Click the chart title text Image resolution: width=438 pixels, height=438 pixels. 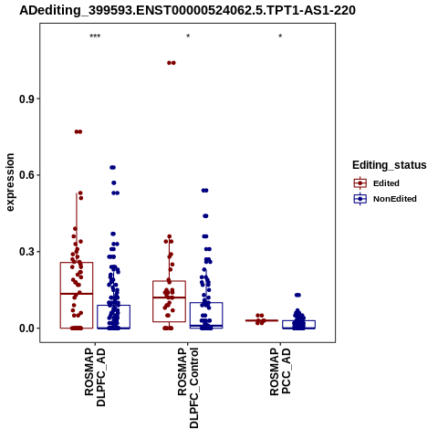[187, 10]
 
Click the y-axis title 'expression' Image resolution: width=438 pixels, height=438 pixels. [10, 182]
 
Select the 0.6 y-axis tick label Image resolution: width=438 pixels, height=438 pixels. [27, 175]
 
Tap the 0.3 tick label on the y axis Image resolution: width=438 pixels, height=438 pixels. [27, 252]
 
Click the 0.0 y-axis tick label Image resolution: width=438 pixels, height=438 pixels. [27, 328]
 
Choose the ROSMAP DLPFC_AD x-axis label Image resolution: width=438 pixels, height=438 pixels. [95, 377]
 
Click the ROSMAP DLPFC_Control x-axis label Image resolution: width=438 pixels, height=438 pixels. [188, 388]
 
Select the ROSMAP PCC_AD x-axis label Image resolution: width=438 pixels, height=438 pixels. [280, 371]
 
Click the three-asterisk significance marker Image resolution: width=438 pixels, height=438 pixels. [95, 36]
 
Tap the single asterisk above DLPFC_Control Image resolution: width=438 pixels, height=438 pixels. [188, 36]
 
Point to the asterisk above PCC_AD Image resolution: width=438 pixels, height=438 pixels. [280, 36]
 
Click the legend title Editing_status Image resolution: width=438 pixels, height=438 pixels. [390, 165]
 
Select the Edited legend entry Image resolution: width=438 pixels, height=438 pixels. [377, 183]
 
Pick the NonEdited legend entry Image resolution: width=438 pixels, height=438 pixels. [385, 199]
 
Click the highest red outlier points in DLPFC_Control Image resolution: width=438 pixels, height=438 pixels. [172, 63]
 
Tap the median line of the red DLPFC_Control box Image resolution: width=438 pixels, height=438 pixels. [169, 297]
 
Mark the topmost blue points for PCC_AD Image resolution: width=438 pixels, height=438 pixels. [297, 295]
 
